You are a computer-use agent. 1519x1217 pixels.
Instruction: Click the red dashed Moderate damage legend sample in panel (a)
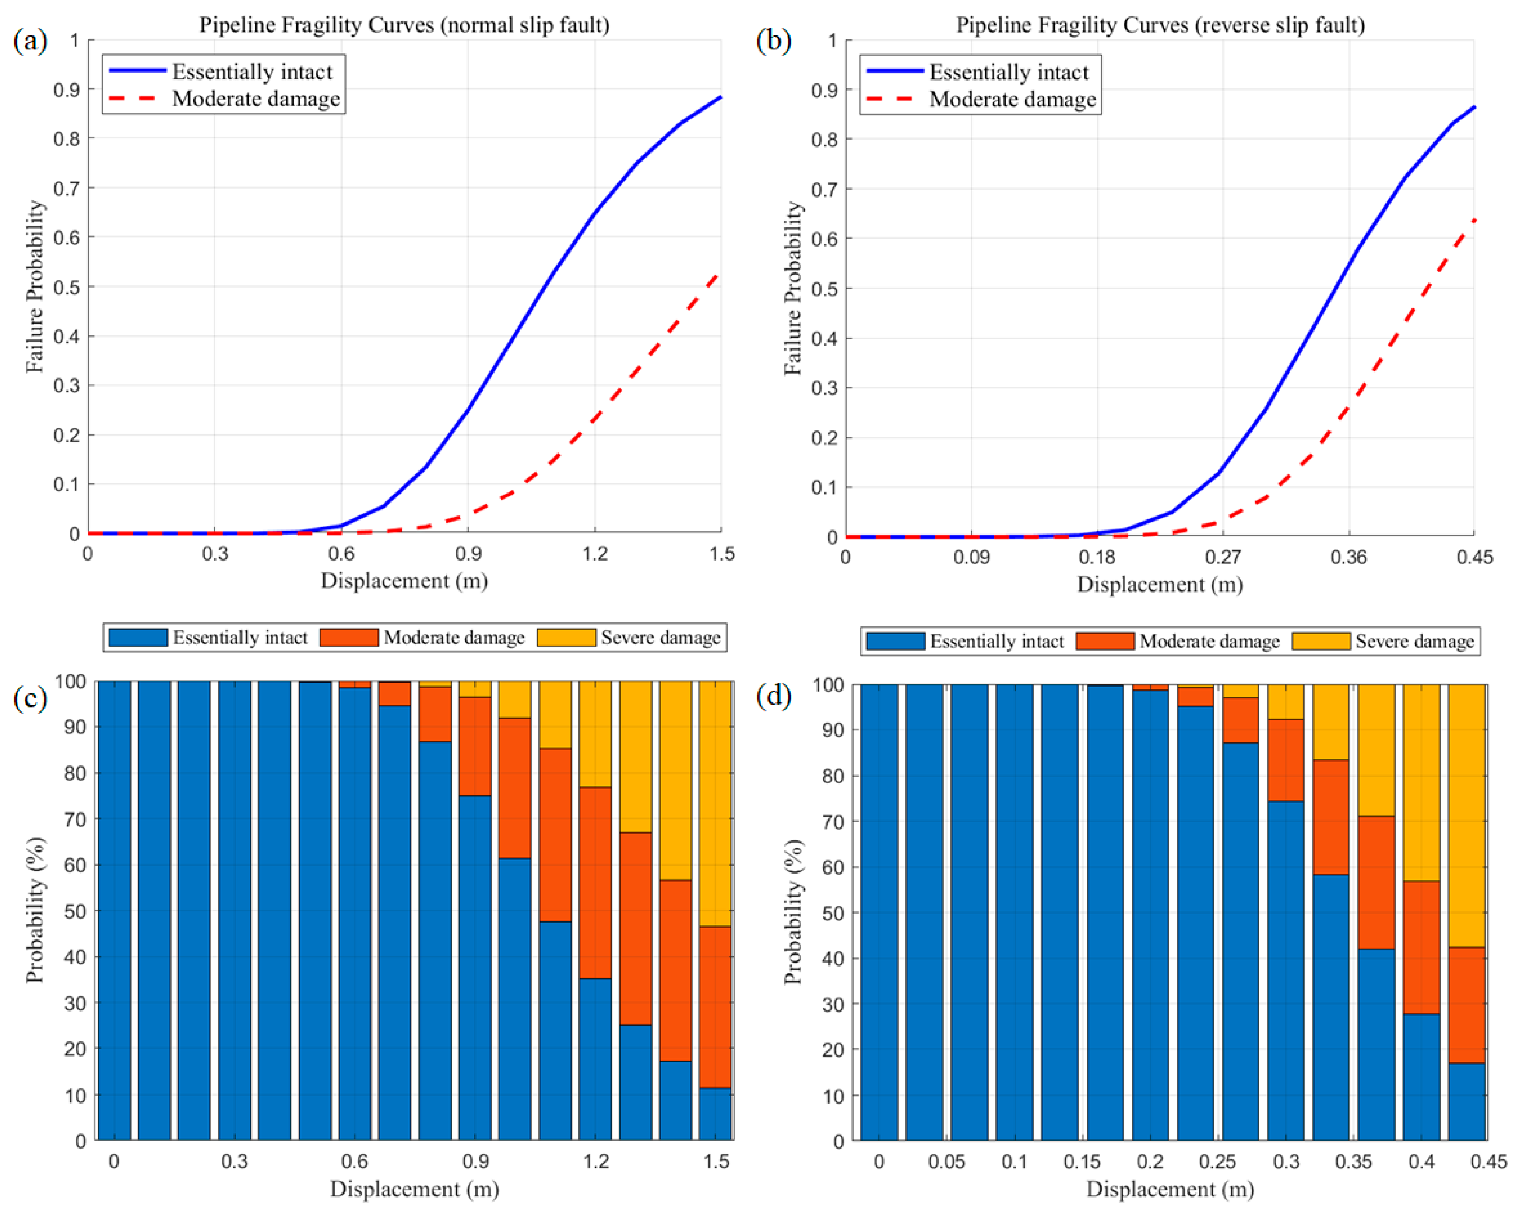coord(134,98)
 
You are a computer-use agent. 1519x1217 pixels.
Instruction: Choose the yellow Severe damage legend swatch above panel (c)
coord(566,637)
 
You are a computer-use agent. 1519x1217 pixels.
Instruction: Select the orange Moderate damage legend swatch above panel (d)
coord(1105,641)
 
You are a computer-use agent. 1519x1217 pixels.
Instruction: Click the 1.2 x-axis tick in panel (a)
coord(594,553)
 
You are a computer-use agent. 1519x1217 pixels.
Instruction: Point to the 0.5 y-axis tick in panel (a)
coord(66,287)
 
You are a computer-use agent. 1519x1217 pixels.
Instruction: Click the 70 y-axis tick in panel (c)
coord(75,819)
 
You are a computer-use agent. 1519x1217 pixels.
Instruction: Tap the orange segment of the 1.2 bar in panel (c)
coord(595,882)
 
